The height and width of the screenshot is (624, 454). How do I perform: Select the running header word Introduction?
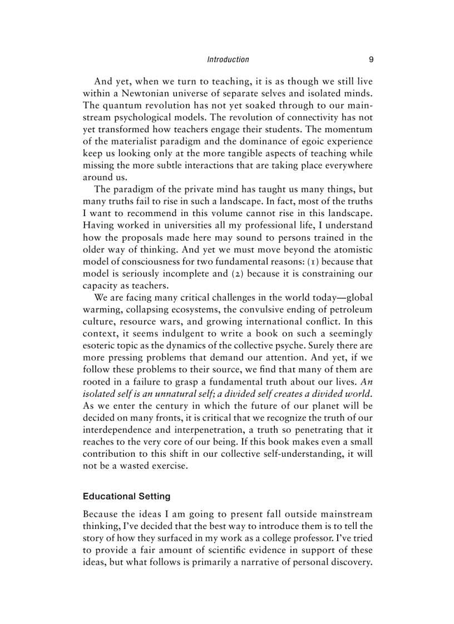pyautogui.click(x=228, y=59)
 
